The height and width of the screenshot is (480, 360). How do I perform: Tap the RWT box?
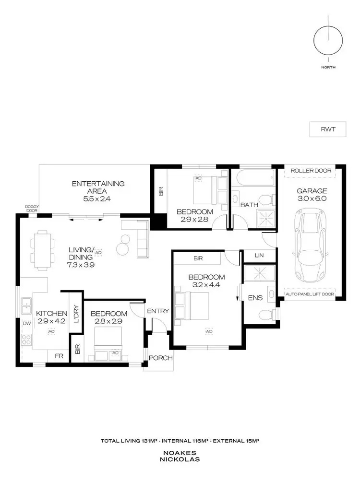pos(327,129)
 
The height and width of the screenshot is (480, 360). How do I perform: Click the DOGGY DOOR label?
pos(33,208)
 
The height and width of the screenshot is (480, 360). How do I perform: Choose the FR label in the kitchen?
pos(59,356)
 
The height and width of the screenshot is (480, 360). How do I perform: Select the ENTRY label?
pos(158,311)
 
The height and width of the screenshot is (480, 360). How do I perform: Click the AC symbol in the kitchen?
pos(50,331)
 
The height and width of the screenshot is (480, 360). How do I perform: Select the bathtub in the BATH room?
pos(252,176)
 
